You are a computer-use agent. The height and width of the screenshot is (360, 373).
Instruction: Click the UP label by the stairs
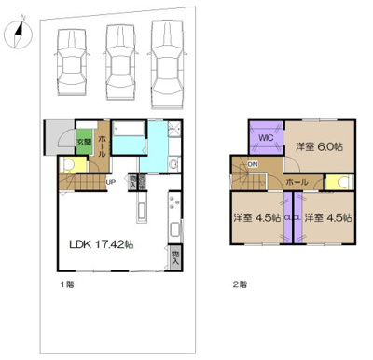(110, 182)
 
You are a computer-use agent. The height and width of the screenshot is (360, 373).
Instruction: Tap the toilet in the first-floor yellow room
(67, 164)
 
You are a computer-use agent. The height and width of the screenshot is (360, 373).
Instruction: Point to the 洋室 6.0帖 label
(319, 145)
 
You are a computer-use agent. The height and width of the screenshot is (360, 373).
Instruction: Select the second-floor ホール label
(297, 181)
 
